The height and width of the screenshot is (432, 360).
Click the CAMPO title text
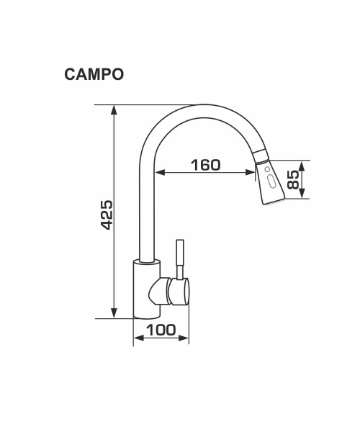[94, 74]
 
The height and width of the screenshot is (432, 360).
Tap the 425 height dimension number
[107, 215]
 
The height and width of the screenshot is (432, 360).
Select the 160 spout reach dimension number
[206, 165]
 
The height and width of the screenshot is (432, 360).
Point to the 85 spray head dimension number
[293, 179]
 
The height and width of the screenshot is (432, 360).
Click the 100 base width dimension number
[161, 330]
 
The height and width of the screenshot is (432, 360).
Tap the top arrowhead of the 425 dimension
[114, 109]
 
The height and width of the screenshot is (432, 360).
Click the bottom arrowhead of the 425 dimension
[114, 313]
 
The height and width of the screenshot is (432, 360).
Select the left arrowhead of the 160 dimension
[160, 173]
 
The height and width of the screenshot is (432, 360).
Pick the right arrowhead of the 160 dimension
[250, 173]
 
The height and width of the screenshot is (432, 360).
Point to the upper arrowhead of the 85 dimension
[302, 165]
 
